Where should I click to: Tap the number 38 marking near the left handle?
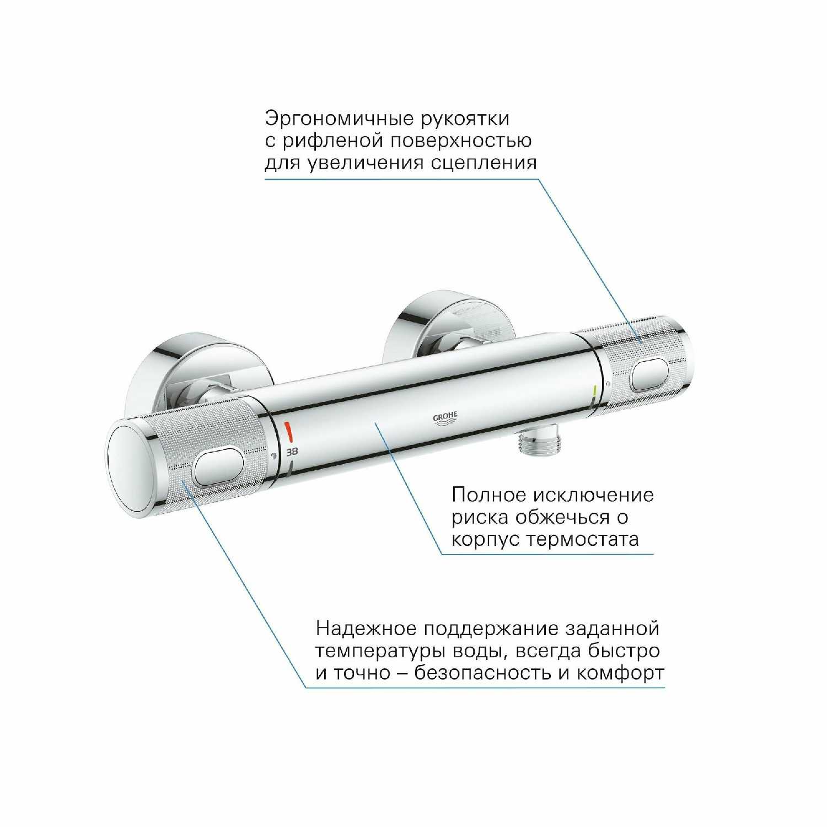pos(292,451)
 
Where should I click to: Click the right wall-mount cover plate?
pos(441,325)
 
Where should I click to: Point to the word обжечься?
pos(564,517)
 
